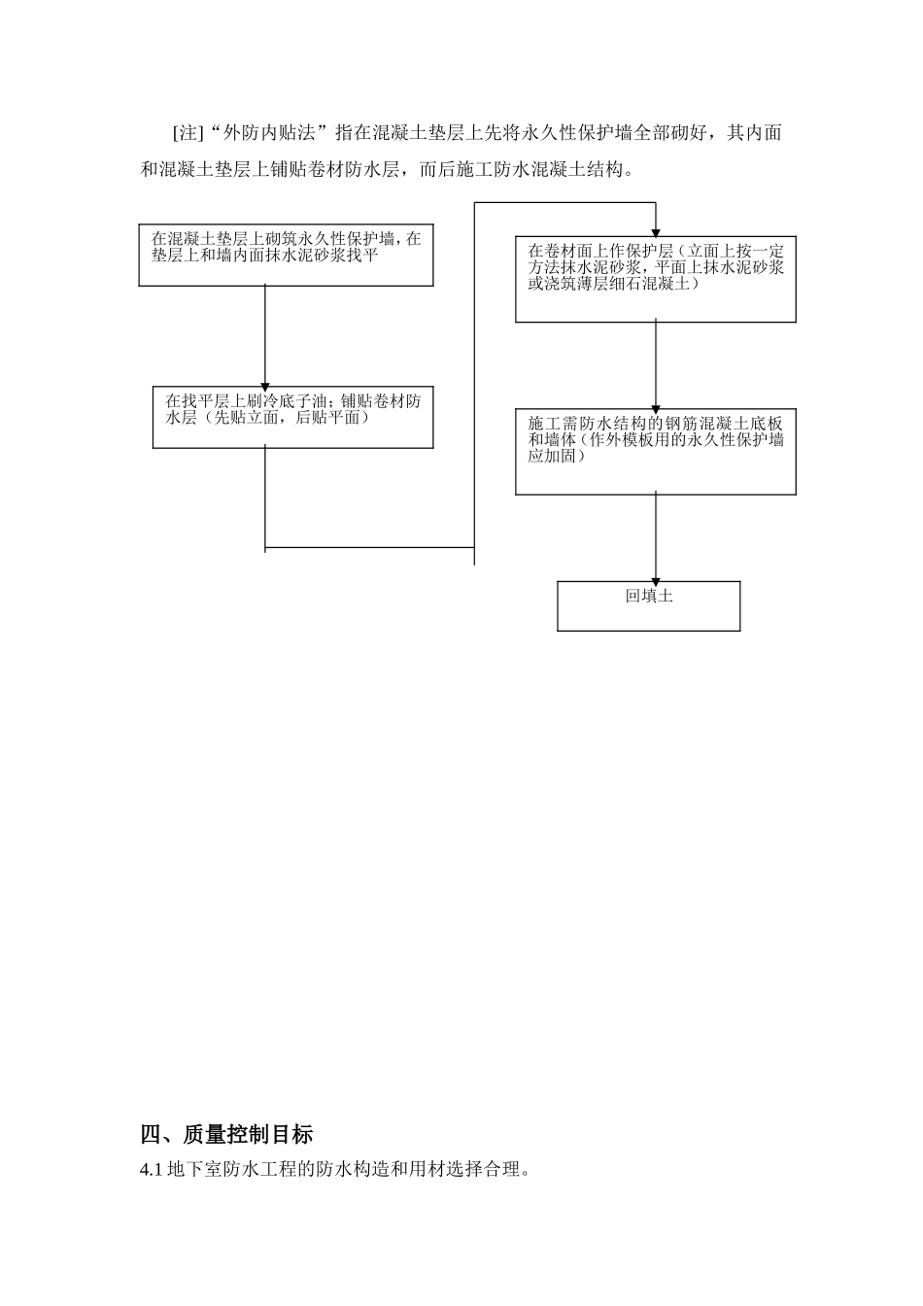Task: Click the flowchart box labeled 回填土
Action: (x=648, y=605)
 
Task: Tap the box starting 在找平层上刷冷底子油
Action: (x=292, y=417)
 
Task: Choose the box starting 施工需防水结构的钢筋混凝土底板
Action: (x=655, y=452)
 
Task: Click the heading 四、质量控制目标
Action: (x=226, y=1134)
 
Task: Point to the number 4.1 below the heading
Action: (x=152, y=1170)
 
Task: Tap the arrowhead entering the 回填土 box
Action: (x=655, y=576)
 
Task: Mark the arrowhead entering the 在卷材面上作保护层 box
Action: (x=656, y=233)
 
